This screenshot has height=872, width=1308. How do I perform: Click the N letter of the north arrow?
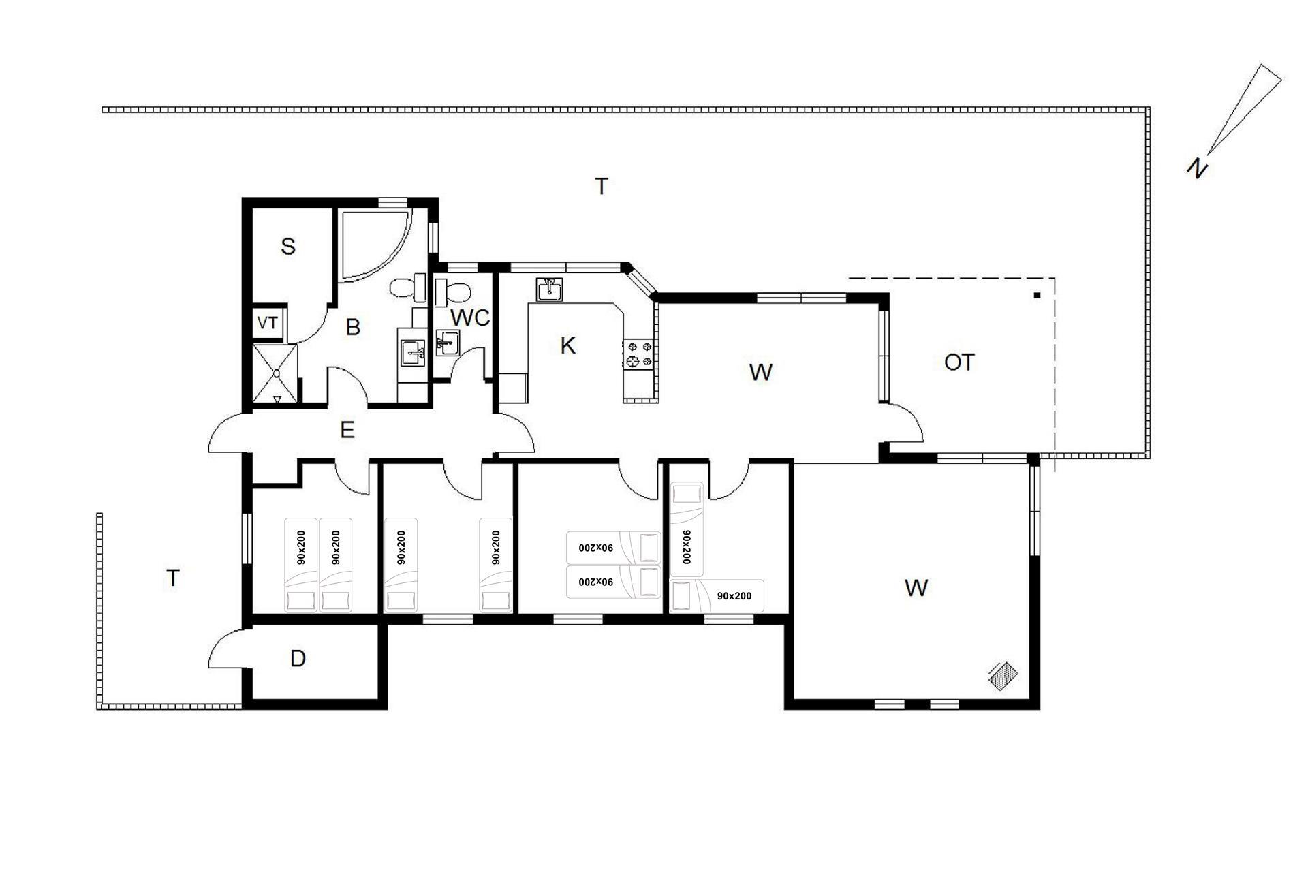coord(1197,168)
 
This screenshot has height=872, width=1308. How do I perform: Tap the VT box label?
coord(267,323)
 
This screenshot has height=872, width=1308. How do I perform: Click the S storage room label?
coord(288,246)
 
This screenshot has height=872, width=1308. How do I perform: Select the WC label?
coord(470,317)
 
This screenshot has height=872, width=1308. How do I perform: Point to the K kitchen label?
coord(567,345)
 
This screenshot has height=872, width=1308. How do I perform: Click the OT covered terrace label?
coord(959,362)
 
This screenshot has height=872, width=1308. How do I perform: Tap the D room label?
coord(298,659)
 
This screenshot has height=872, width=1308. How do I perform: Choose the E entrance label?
coord(347,430)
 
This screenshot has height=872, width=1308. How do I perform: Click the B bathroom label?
coord(353,327)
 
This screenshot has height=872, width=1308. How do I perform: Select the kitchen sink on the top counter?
coord(548,290)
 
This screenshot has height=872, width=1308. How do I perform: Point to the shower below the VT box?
coord(276,375)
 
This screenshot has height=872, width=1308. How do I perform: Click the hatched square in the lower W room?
coord(1003,675)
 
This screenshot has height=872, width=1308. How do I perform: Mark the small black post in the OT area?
coord(1038,295)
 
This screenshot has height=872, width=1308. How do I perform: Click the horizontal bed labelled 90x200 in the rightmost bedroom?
coord(717,595)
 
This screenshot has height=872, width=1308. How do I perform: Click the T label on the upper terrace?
coord(601,186)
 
